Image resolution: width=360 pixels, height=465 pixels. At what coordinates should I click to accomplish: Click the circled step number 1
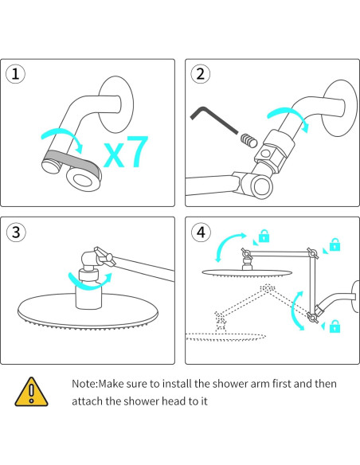15,74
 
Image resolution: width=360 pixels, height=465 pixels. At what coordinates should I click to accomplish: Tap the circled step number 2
201,74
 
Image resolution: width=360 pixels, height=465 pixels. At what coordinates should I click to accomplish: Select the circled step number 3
16,232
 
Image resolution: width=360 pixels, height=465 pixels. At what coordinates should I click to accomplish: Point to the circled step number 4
201,232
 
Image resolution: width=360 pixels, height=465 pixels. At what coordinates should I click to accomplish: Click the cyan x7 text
126,151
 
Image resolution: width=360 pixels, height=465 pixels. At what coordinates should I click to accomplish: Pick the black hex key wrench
213,120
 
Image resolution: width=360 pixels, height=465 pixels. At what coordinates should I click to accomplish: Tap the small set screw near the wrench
248,140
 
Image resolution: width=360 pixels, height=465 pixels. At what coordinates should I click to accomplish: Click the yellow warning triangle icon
31,392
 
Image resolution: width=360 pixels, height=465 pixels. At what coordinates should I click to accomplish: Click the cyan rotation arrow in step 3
89,285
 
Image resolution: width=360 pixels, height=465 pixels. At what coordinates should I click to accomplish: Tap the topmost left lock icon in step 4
264,236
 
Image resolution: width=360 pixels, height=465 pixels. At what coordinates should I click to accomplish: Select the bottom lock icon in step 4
335,326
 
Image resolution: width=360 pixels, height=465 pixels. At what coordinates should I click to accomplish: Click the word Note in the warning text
84,384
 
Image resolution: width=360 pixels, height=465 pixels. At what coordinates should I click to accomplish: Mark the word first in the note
282,384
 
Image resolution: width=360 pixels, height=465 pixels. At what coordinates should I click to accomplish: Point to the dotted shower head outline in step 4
225,337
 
